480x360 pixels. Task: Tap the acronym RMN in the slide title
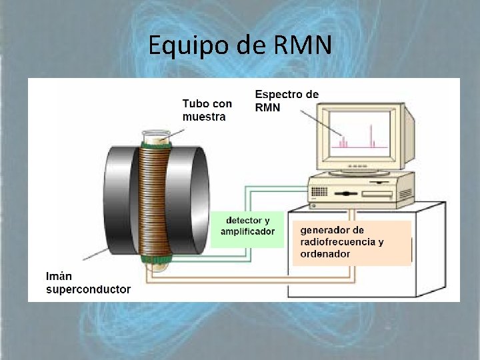[x=302, y=45]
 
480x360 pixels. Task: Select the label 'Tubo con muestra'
[x=207, y=110]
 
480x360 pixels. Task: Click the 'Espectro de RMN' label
[x=287, y=101]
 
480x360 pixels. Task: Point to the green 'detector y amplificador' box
[x=247, y=226]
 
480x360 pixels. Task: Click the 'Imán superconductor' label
[x=87, y=283]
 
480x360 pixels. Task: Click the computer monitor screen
[x=359, y=133]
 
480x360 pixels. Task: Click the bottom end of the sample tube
[x=156, y=266]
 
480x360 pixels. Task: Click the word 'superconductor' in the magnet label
[x=87, y=289]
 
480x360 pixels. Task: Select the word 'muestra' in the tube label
[x=204, y=117]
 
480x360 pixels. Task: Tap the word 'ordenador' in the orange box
[x=325, y=254]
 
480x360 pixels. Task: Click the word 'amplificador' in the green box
[x=247, y=231]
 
